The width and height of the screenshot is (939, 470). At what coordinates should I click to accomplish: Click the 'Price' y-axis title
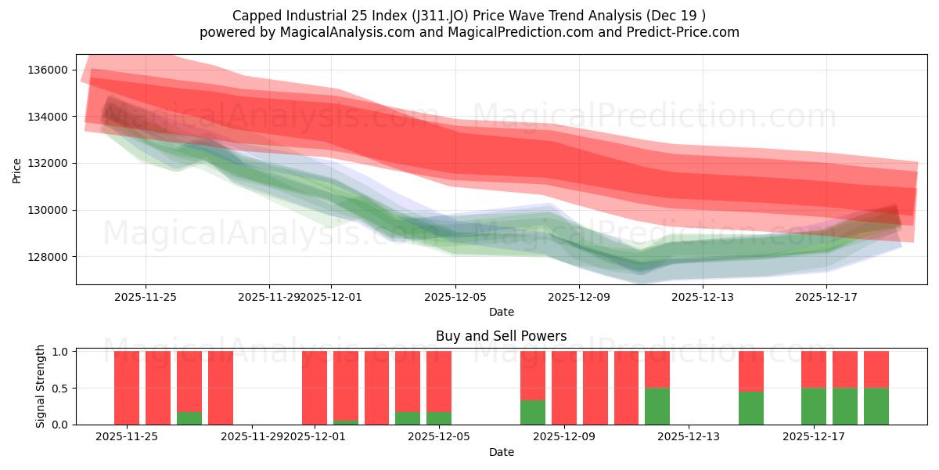[17, 169]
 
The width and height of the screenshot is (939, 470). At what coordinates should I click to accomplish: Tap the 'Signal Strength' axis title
[40, 386]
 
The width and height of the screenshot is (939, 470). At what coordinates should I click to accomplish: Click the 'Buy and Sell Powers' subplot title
[501, 336]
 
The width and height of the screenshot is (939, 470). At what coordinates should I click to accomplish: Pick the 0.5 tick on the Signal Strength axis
[59, 389]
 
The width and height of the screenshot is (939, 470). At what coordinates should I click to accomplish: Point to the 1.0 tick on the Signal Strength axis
[59, 352]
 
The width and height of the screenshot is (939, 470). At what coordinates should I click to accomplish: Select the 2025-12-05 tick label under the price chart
[455, 297]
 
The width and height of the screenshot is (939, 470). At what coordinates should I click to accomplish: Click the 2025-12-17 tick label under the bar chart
[814, 437]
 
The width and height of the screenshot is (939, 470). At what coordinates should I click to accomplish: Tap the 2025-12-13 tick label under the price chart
[703, 297]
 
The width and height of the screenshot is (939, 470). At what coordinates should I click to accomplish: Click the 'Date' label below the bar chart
[501, 452]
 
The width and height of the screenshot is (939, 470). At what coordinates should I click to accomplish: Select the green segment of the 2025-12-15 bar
[751, 408]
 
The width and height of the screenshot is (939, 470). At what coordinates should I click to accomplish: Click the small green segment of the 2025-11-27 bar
[189, 418]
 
